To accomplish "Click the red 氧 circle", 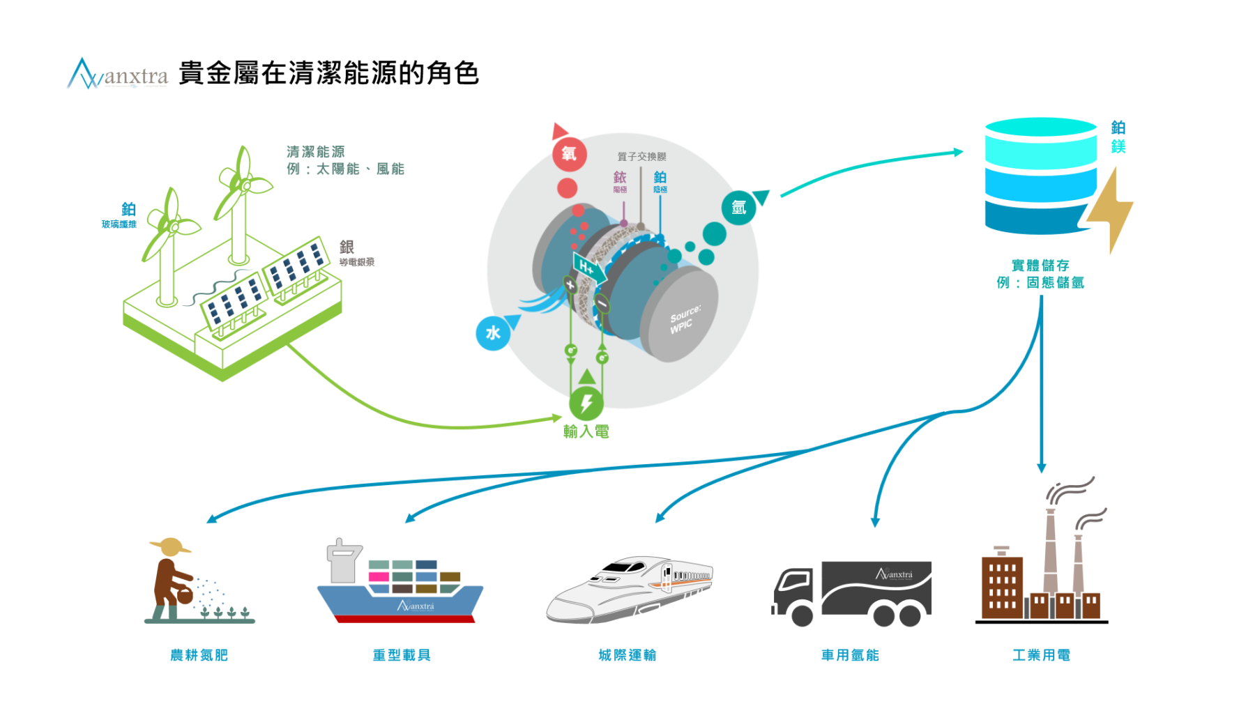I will click(x=569, y=154).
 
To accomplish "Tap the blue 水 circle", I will click(x=493, y=333).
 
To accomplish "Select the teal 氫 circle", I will click(x=738, y=208).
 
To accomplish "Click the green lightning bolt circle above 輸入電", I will click(x=586, y=403).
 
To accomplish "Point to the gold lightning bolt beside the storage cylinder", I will click(x=1111, y=209).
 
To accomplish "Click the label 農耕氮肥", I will click(x=199, y=655).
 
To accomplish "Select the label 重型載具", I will click(x=402, y=655).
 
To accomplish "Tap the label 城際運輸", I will click(x=627, y=655).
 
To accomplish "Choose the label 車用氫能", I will click(x=850, y=655).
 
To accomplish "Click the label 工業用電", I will click(x=1041, y=655).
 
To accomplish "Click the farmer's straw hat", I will click(x=170, y=546).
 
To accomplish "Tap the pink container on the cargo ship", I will click(x=379, y=576).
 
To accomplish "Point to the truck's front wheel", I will click(x=802, y=615).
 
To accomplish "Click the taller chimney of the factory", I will click(x=1050, y=551).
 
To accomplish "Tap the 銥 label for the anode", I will click(x=620, y=178).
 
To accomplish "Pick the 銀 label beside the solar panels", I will click(x=347, y=247).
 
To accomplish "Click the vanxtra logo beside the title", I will click(x=117, y=74).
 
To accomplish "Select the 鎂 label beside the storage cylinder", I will click(x=1118, y=146).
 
